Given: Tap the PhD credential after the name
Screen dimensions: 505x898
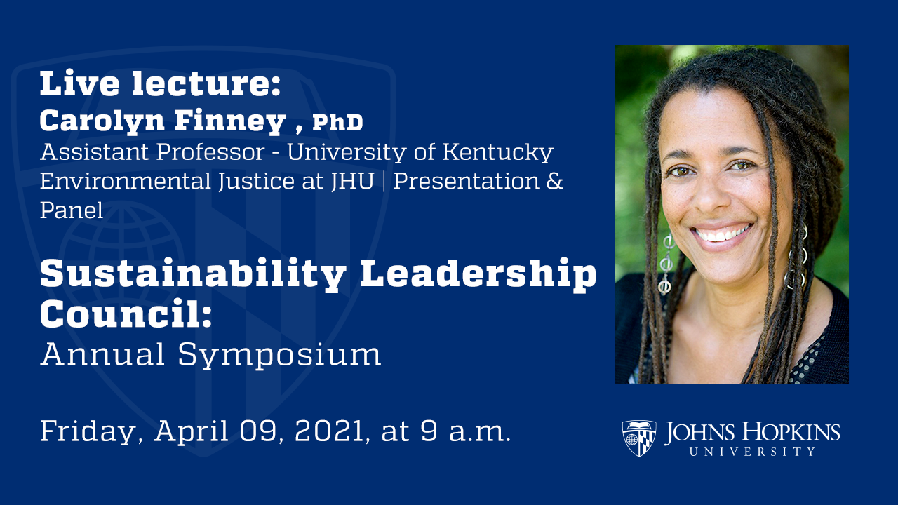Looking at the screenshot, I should coord(337,123).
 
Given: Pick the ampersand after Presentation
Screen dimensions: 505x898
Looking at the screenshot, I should coord(554,181).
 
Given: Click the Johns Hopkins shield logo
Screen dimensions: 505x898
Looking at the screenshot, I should coord(639,438).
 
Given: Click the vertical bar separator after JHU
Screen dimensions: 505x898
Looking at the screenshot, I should coord(386,181).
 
